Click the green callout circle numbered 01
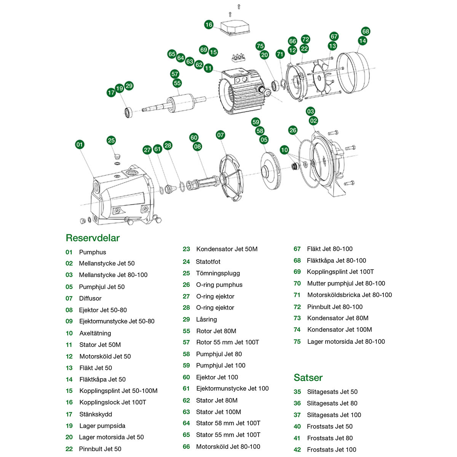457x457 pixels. [x=80, y=144]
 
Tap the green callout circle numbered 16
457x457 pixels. [x=209, y=25]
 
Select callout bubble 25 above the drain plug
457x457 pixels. [x=111, y=140]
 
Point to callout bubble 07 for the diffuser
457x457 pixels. [x=221, y=135]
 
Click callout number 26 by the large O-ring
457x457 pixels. [x=292, y=130]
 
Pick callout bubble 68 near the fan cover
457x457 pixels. [x=366, y=31]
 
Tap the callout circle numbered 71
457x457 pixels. [x=280, y=54]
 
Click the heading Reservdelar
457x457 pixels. [x=93, y=238]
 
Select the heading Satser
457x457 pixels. [x=308, y=377]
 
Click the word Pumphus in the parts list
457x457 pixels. [x=93, y=252]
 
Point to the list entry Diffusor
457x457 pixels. [x=90, y=298]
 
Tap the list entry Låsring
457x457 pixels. [x=206, y=319]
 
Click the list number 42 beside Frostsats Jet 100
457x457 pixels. [x=297, y=449]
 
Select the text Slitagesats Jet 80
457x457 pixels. [x=332, y=403]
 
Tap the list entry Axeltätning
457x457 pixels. [x=95, y=333]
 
